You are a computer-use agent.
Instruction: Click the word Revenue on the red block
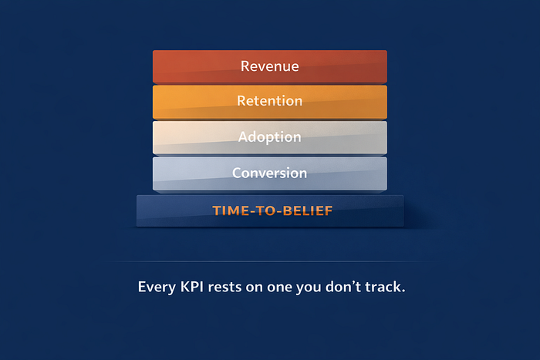click(270, 66)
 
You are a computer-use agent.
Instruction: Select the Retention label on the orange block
click(270, 101)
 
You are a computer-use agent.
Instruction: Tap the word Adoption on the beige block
click(270, 137)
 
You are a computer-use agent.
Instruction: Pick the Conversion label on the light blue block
click(270, 173)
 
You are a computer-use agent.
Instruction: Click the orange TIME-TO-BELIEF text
click(272, 210)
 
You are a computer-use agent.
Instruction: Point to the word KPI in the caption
click(192, 287)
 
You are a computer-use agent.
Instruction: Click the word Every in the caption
click(157, 288)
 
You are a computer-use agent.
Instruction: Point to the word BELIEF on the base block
click(308, 210)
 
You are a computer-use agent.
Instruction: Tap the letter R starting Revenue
click(245, 66)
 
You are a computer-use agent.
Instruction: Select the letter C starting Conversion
click(237, 173)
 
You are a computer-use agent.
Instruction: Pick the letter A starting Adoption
click(243, 136)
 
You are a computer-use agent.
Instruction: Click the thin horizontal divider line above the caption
click(270, 262)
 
